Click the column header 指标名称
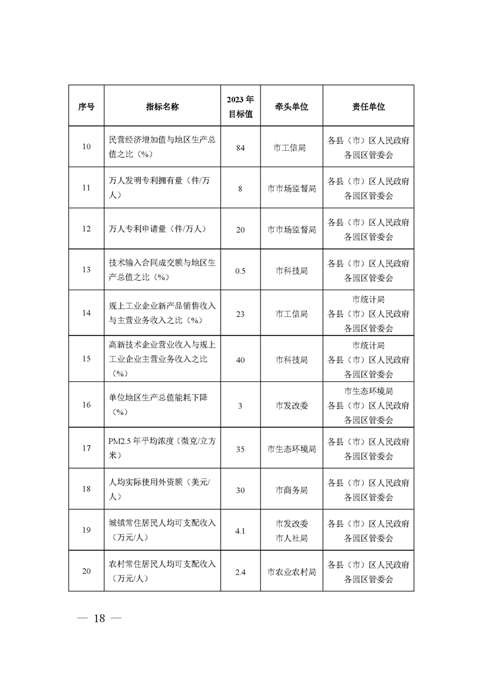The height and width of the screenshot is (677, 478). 162,106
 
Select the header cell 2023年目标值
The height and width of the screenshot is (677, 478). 240,106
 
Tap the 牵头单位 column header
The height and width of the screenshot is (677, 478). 292,106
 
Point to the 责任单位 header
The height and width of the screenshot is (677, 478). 368,106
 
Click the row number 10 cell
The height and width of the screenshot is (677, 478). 86,147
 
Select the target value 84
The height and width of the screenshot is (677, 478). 240,147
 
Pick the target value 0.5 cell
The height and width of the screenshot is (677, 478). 240,270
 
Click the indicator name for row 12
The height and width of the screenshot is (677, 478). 158,229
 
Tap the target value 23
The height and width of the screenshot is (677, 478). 240,313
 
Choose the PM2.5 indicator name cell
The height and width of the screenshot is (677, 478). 162,448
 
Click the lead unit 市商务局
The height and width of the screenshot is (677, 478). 292,490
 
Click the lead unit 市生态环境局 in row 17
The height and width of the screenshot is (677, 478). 292,448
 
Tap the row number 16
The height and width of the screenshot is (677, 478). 86,405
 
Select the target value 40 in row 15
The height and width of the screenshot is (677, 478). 240,360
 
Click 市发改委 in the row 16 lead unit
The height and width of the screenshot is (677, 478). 292,405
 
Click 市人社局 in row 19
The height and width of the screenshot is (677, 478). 292,538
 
